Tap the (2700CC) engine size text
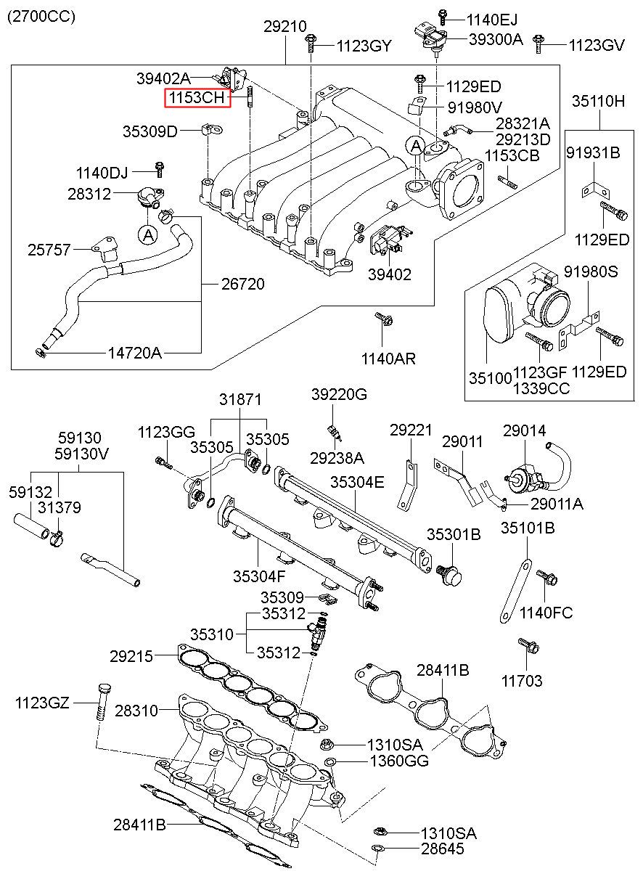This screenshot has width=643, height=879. point(41,16)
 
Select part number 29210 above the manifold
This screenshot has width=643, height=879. point(284,25)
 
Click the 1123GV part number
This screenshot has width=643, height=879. point(596,46)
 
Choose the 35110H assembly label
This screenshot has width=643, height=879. point(598,101)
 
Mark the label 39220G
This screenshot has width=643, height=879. point(339,394)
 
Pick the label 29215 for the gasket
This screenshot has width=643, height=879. point(131,656)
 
